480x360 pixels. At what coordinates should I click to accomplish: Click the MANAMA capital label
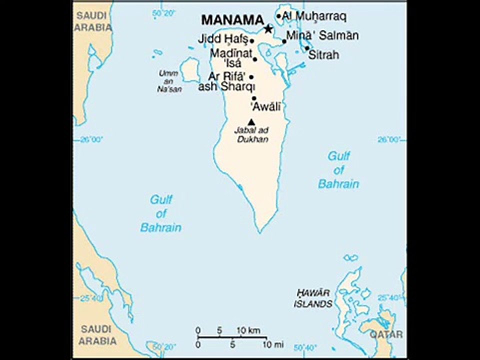(232, 20)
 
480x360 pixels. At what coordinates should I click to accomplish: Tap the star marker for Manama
(268, 29)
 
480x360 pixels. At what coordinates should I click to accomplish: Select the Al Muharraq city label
(314, 16)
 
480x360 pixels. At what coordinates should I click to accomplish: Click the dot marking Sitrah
(307, 48)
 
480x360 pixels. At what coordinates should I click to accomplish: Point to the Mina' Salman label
(322, 36)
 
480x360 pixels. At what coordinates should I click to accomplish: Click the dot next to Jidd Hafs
(252, 41)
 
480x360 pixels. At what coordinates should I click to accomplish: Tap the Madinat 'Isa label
(230, 58)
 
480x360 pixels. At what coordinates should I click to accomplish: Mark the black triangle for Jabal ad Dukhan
(251, 121)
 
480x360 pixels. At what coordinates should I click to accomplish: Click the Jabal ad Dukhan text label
(251, 135)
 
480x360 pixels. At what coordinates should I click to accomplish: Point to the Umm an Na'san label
(168, 81)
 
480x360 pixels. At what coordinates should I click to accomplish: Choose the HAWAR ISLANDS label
(313, 298)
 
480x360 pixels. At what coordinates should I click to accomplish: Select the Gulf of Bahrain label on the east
(338, 170)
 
